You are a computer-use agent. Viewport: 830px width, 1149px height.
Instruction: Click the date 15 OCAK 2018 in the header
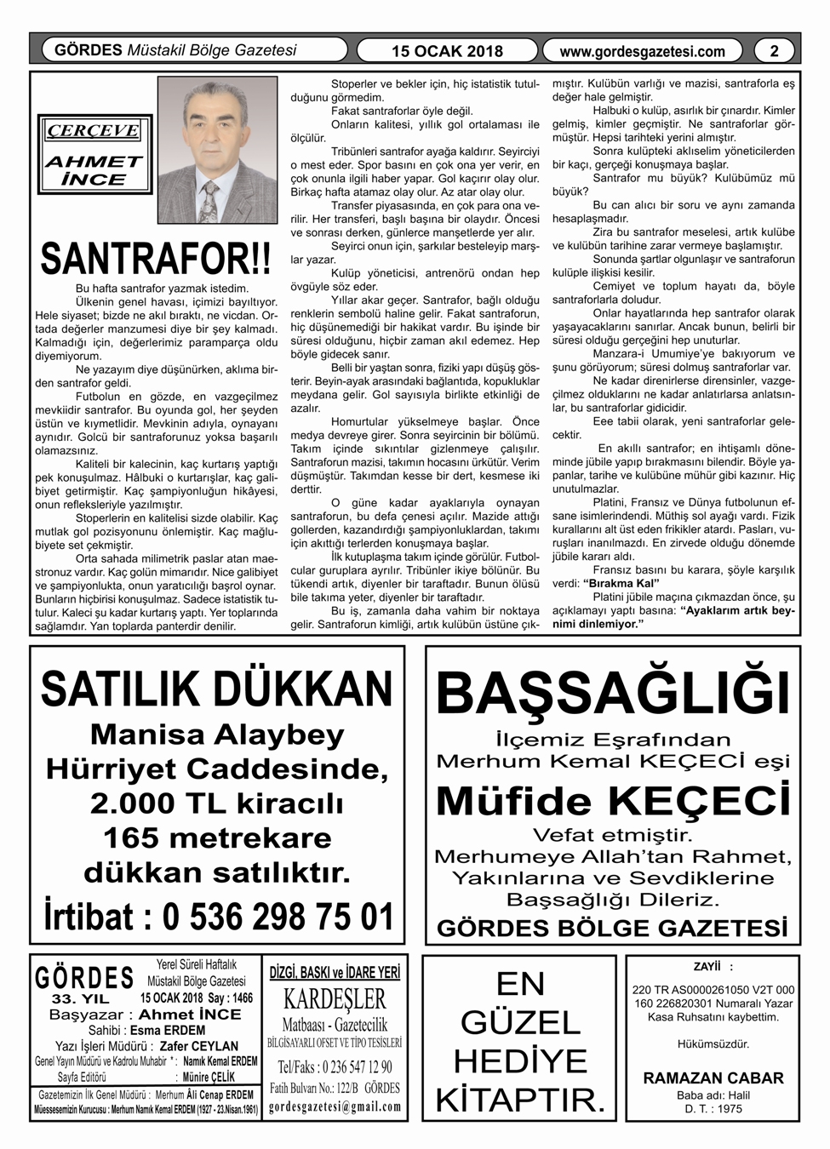click(x=447, y=51)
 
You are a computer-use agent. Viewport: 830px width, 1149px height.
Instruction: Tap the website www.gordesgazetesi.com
click(x=643, y=51)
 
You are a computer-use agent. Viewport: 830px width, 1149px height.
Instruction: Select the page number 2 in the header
click(x=774, y=51)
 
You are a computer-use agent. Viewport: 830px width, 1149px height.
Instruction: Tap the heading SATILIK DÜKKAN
click(x=216, y=689)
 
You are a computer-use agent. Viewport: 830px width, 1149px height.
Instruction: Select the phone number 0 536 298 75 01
click(x=278, y=917)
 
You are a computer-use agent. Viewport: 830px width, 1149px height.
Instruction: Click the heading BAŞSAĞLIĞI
click(x=613, y=695)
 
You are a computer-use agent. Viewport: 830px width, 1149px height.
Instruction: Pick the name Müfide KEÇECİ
click(x=613, y=801)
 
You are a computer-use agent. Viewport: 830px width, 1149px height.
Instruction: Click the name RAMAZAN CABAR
click(x=713, y=1078)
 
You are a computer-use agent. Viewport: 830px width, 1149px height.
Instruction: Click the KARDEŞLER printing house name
click(x=335, y=998)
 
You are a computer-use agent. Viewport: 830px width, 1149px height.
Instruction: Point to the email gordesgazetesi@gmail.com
click(x=335, y=1106)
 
